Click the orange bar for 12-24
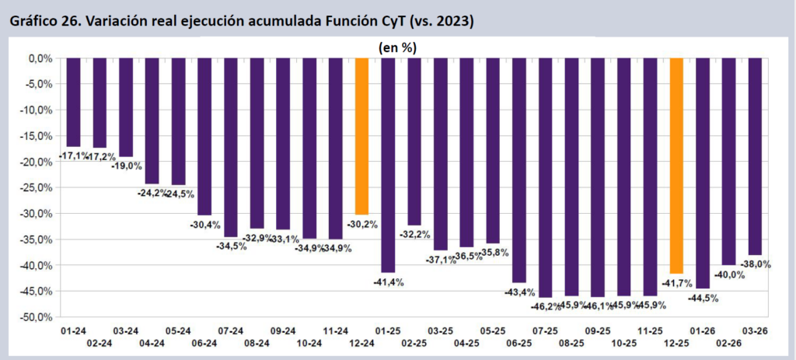coord(361,135)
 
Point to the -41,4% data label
coord(389,281)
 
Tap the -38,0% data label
coord(755,264)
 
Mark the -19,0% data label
coord(126,165)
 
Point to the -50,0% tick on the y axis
coord(36,317)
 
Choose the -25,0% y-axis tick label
coord(36,187)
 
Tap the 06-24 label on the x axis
coord(204,342)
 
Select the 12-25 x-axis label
coord(676,342)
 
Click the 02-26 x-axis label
coord(729,342)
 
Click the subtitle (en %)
coord(397,47)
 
